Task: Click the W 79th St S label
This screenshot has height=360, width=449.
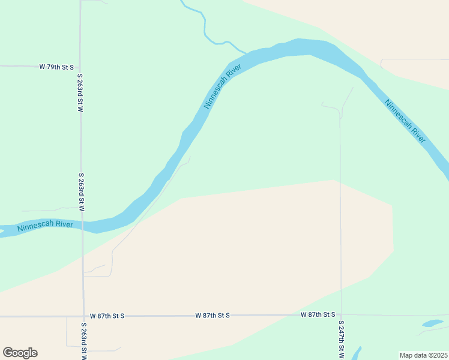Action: (x=56, y=67)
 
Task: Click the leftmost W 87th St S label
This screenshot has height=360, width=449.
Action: (x=107, y=316)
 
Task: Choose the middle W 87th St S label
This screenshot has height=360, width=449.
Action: (x=212, y=315)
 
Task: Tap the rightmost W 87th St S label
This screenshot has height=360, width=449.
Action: (x=318, y=314)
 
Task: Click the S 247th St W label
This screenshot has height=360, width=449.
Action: (x=341, y=340)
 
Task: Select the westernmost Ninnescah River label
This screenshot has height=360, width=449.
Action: (x=45, y=226)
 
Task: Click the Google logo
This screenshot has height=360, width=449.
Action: (x=20, y=353)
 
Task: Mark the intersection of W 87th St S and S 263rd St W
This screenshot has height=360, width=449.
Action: (x=83, y=316)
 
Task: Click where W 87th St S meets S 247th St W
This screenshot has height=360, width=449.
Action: (x=341, y=314)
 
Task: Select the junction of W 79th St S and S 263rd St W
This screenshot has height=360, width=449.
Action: (x=80, y=67)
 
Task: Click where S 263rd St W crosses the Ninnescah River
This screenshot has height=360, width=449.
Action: (x=82, y=224)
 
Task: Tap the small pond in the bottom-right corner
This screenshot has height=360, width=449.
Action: (x=432, y=323)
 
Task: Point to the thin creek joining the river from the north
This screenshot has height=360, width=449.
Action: (x=205, y=27)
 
